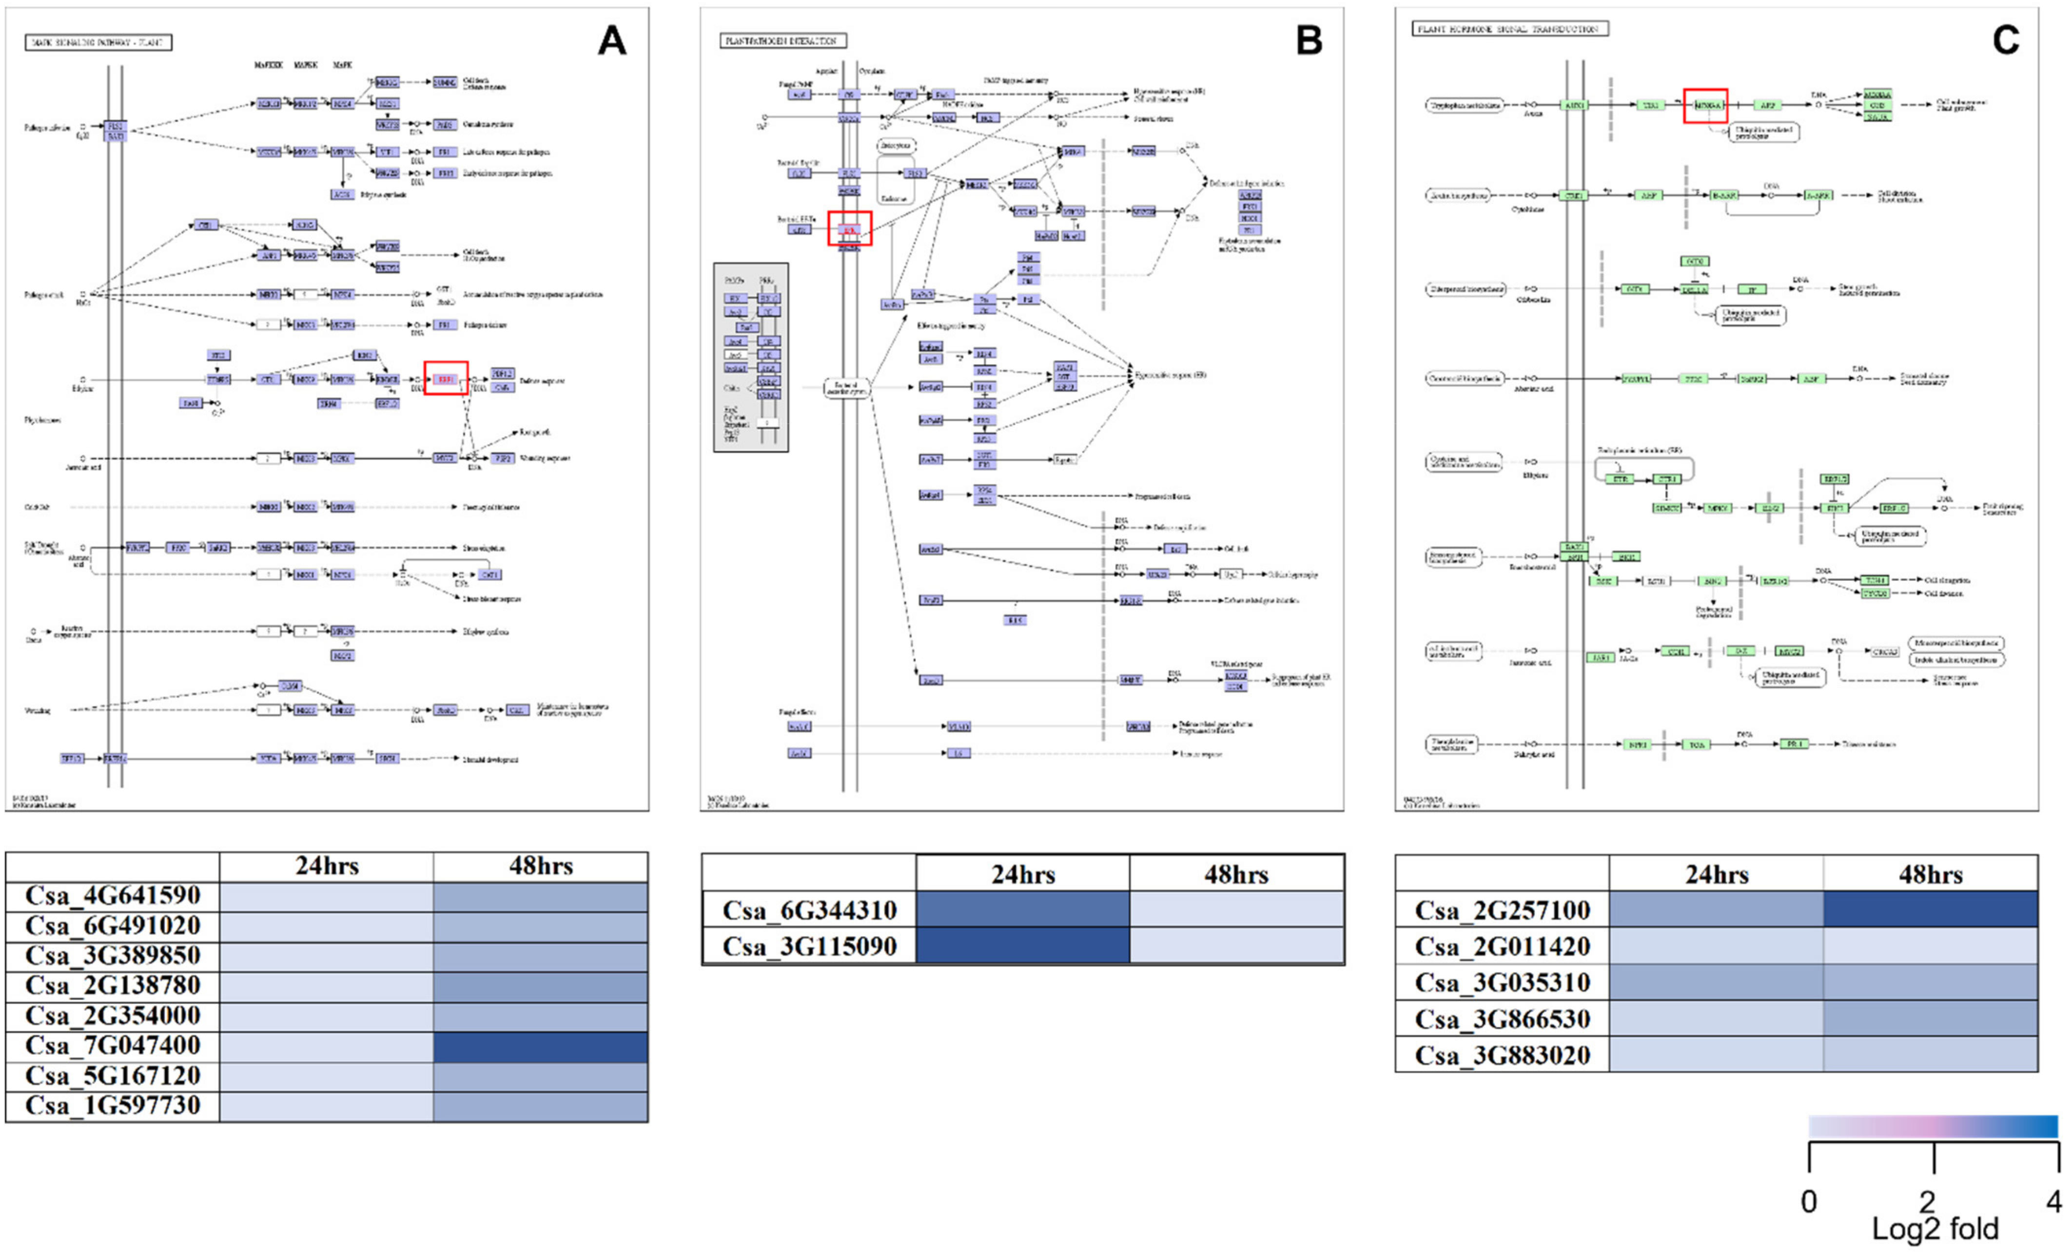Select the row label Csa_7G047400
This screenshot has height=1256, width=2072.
coord(113,1046)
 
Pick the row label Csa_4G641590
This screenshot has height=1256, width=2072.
coord(113,895)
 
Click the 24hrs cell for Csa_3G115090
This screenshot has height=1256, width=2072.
coord(1022,946)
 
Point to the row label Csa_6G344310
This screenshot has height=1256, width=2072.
coord(809,909)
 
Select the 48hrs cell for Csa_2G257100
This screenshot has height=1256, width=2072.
coord(1930,909)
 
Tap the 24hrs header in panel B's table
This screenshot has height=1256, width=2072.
coord(1022,874)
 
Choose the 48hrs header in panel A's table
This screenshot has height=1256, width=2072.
coord(541,867)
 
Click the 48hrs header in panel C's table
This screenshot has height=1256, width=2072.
coord(1930,874)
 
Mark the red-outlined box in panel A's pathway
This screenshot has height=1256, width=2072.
coord(446,378)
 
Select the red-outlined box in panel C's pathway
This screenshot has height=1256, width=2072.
coord(1705,106)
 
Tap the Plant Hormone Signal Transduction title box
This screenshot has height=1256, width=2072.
coord(1509,29)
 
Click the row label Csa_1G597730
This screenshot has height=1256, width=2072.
coord(113,1105)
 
